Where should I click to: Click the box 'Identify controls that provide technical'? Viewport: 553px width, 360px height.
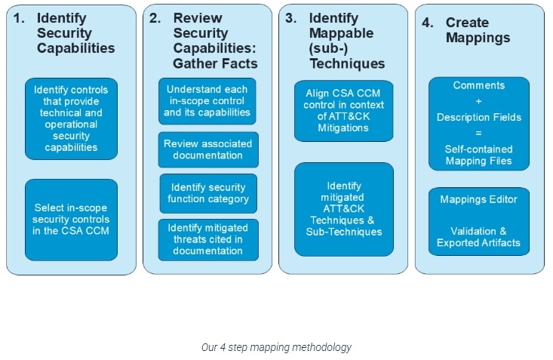pos(71,118)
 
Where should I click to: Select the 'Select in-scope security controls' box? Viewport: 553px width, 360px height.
pos(71,219)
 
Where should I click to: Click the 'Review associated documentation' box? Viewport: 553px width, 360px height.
pos(208,149)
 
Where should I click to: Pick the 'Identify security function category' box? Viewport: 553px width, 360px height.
pos(208,193)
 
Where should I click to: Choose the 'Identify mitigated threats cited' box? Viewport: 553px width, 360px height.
pos(208,239)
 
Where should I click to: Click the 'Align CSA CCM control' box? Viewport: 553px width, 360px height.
pos(344,110)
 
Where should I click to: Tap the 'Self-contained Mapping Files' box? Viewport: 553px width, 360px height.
pos(479,123)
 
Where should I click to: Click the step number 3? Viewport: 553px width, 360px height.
pos(290,18)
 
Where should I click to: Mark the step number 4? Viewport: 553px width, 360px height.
pos(426,23)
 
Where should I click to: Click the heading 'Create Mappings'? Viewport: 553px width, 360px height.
pos(477,30)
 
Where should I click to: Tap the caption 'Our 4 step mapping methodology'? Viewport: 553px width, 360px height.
pos(276,348)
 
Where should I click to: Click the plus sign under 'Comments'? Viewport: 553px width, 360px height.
pos(479,101)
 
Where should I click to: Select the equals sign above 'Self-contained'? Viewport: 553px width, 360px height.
pos(479,134)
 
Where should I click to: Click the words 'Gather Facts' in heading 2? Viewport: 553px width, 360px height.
pos(215,63)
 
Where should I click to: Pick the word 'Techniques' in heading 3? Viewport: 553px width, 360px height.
pos(346,63)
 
